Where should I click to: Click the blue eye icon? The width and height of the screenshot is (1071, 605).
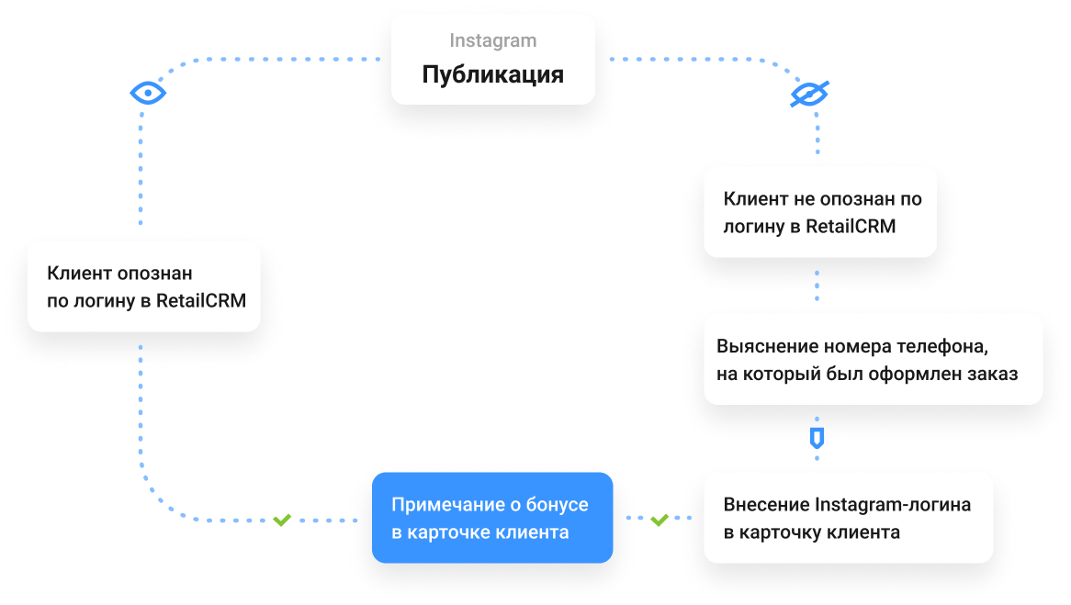point(147,93)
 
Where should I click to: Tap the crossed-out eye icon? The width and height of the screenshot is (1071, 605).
point(811,94)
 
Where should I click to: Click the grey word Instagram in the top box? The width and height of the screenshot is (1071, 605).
point(493,41)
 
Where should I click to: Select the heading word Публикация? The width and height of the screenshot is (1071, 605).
point(493,74)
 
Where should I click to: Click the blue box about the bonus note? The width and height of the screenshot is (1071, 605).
point(492,518)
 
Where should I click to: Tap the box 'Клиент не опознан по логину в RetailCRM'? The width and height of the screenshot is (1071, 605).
point(820,212)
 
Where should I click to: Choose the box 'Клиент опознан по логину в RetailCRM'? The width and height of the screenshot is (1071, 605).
point(144,286)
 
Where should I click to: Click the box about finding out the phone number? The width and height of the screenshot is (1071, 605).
point(873,361)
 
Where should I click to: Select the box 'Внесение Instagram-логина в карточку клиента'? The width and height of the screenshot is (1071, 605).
point(848,518)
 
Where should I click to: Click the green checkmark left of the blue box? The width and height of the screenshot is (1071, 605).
point(282,521)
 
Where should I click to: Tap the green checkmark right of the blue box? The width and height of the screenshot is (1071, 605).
point(659,521)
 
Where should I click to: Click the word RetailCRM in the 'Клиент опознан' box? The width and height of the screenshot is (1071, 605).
point(200,300)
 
